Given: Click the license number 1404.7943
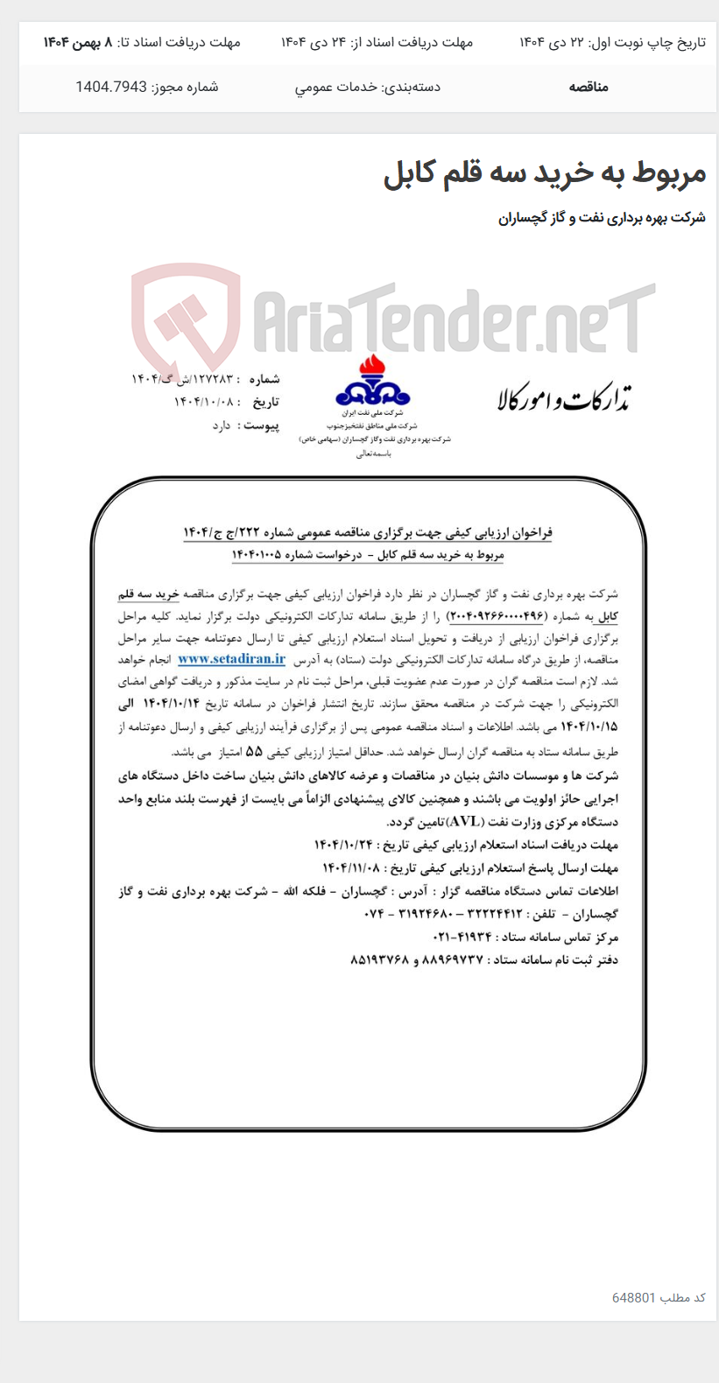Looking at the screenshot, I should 110,87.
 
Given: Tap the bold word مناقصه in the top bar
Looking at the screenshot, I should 589,87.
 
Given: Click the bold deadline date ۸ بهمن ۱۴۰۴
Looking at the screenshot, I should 78,42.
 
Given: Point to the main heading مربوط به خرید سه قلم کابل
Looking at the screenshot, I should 544,173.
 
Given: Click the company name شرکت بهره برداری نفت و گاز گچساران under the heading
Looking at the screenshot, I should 602,218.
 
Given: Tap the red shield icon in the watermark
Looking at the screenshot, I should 185,318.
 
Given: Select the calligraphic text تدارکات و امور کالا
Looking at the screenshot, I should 564,398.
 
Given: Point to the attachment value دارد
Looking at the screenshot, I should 222,425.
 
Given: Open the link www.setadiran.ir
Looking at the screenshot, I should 231,659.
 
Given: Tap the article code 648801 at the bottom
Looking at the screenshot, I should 634,1296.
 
